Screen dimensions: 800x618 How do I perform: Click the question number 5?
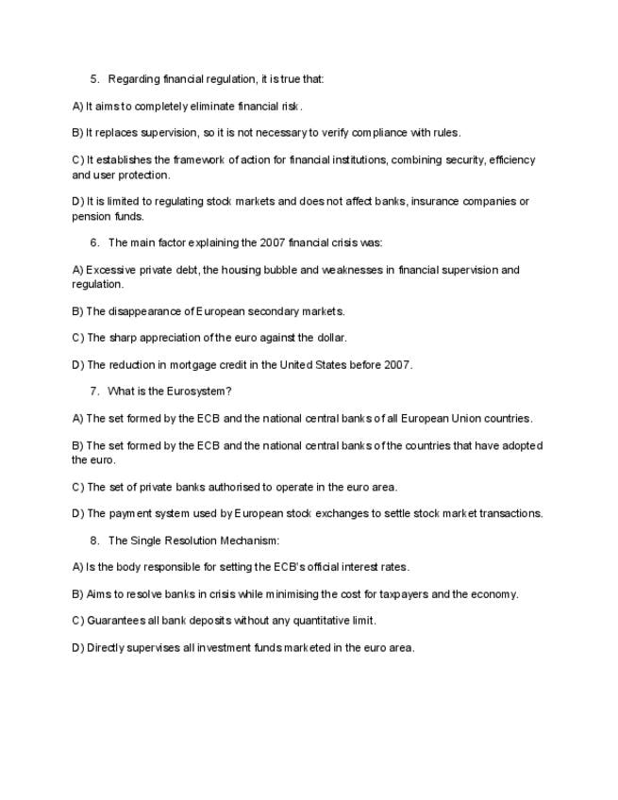click(x=93, y=78)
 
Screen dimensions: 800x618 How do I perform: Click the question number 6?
click(x=93, y=242)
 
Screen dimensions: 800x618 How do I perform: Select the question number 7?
click(x=93, y=391)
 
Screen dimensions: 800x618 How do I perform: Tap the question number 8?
click(x=93, y=541)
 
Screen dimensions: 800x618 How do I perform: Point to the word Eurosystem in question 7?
click(x=195, y=391)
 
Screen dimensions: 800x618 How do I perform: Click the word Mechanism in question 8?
click(x=247, y=541)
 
